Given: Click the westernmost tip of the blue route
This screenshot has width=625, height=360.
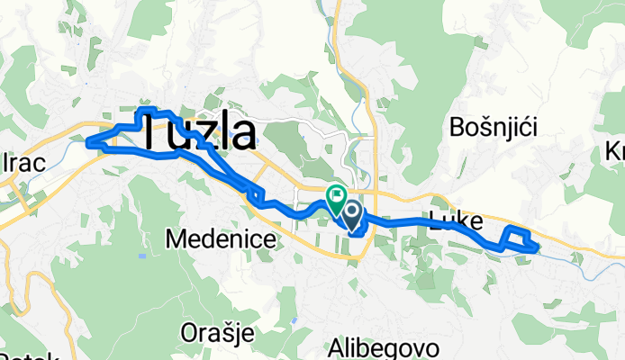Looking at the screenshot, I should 87,141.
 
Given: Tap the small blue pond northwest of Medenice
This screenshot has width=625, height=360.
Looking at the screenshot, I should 141,256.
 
